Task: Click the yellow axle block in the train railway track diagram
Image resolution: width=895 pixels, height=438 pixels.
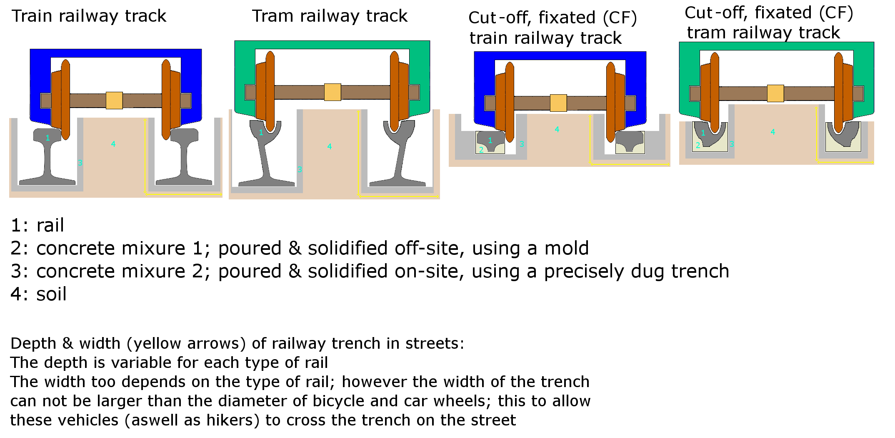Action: pyautogui.click(x=114, y=101)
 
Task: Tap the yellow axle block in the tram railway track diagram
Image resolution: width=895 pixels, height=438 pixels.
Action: pyautogui.click(x=332, y=92)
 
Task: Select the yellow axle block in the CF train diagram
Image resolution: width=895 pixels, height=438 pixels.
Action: pyautogui.click(x=558, y=103)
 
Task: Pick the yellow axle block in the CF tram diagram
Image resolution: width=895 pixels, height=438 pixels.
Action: pyautogui.click(x=775, y=93)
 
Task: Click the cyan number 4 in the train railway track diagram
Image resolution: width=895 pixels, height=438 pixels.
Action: pyautogui.click(x=113, y=144)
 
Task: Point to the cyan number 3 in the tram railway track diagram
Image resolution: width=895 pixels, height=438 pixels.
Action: pyautogui.click(x=300, y=169)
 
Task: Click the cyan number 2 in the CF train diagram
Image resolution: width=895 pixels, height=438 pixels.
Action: pyautogui.click(x=481, y=149)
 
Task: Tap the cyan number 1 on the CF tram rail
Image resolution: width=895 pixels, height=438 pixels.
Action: pyautogui.click(x=703, y=133)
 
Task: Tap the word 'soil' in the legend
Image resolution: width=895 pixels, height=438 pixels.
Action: pyautogui.click(x=51, y=294)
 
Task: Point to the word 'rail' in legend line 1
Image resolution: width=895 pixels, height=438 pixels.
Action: pyautogui.click(x=50, y=226)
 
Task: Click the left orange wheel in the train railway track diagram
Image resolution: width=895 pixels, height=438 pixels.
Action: pyautogui.click(x=60, y=100)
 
